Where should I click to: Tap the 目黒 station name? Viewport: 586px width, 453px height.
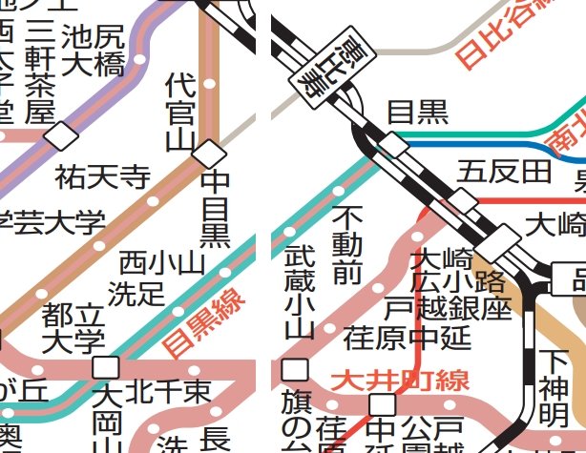click(417, 113)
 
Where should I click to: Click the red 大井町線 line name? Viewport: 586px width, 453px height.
click(400, 381)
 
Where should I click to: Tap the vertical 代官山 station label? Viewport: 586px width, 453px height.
click(179, 113)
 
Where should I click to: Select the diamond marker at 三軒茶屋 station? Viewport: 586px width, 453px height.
click(62, 136)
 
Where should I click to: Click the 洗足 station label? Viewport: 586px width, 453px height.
click(136, 293)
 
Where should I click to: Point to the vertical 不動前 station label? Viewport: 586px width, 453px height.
click(347, 245)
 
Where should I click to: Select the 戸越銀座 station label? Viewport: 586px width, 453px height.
click(448, 307)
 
